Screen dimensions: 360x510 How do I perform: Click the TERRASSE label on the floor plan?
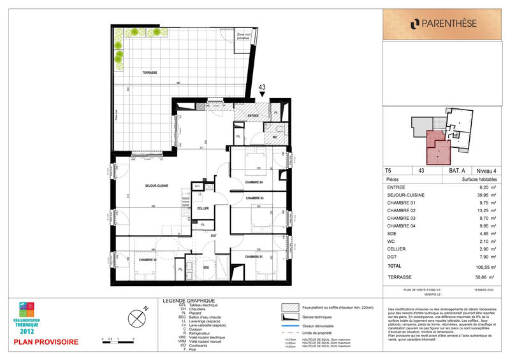[150, 73]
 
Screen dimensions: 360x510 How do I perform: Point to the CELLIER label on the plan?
[203, 208]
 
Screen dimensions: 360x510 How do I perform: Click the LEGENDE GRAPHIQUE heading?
[189, 300]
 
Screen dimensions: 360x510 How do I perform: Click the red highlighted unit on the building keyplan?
[436, 146]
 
